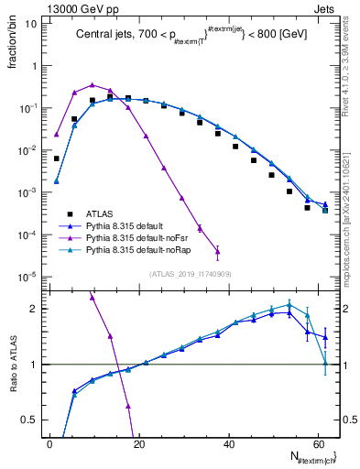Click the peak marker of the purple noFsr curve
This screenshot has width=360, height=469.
[93, 84]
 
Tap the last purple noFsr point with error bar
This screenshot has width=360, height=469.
[217, 251]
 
